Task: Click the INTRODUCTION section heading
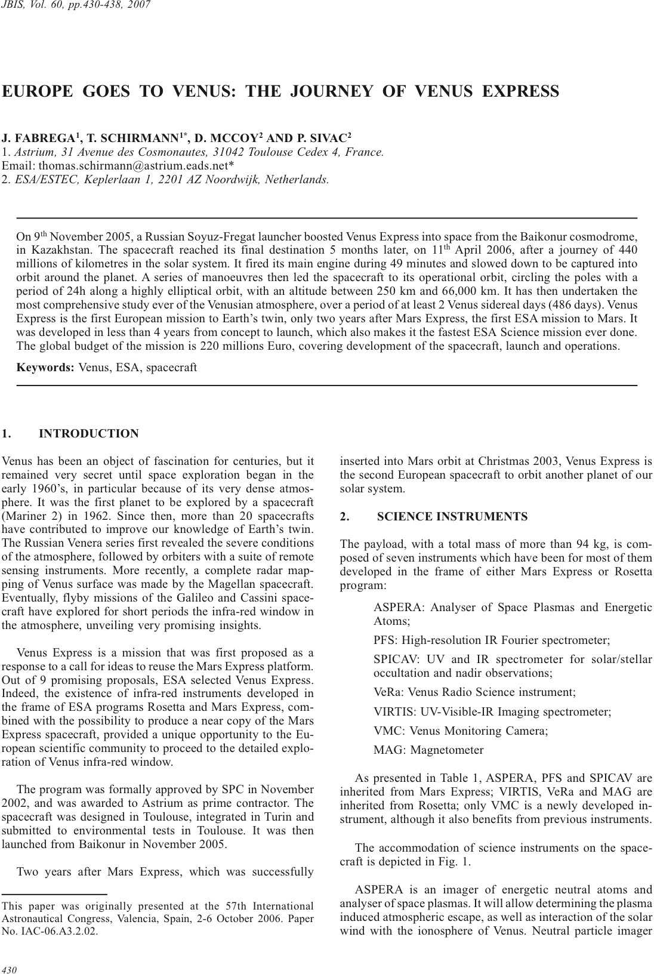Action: click(x=88, y=434)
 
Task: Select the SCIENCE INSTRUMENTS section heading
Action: click(x=452, y=517)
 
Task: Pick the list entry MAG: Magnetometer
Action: click(x=428, y=750)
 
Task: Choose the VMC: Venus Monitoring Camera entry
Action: click(x=460, y=730)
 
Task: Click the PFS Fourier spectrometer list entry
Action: click(x=491, y=640)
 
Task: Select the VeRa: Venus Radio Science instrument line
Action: click(x=474, y=692)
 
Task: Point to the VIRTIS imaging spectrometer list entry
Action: click(x=492, y=711)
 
